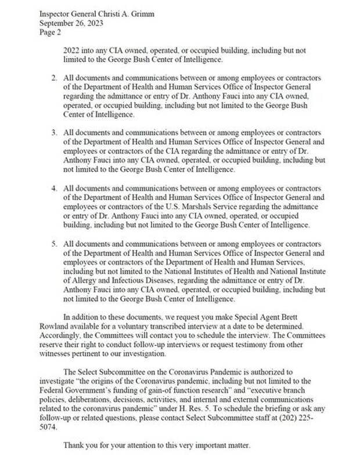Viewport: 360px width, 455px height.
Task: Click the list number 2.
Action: point(54,78)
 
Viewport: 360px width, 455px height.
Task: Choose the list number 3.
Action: point(54,133)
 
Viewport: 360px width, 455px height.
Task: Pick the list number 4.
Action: point(54,189)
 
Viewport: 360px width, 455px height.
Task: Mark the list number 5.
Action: point(54,244)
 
